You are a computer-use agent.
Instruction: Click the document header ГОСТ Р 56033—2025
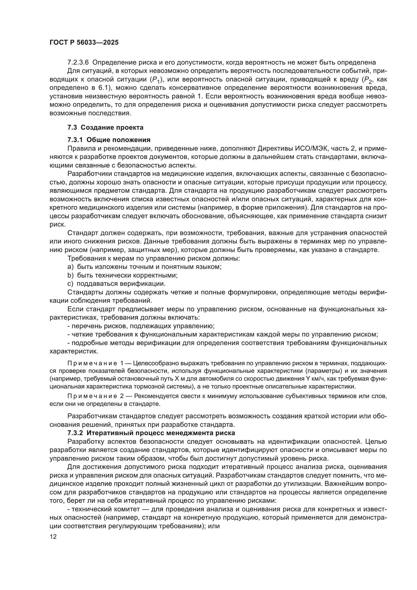[x=84, y=43]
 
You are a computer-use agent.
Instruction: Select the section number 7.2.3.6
[x=78, y=63]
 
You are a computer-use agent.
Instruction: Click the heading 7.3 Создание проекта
[x=105, y=127]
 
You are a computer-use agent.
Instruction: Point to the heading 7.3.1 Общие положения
[x=109, y=140]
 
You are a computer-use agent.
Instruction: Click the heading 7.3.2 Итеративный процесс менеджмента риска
[x=151, y=433]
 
